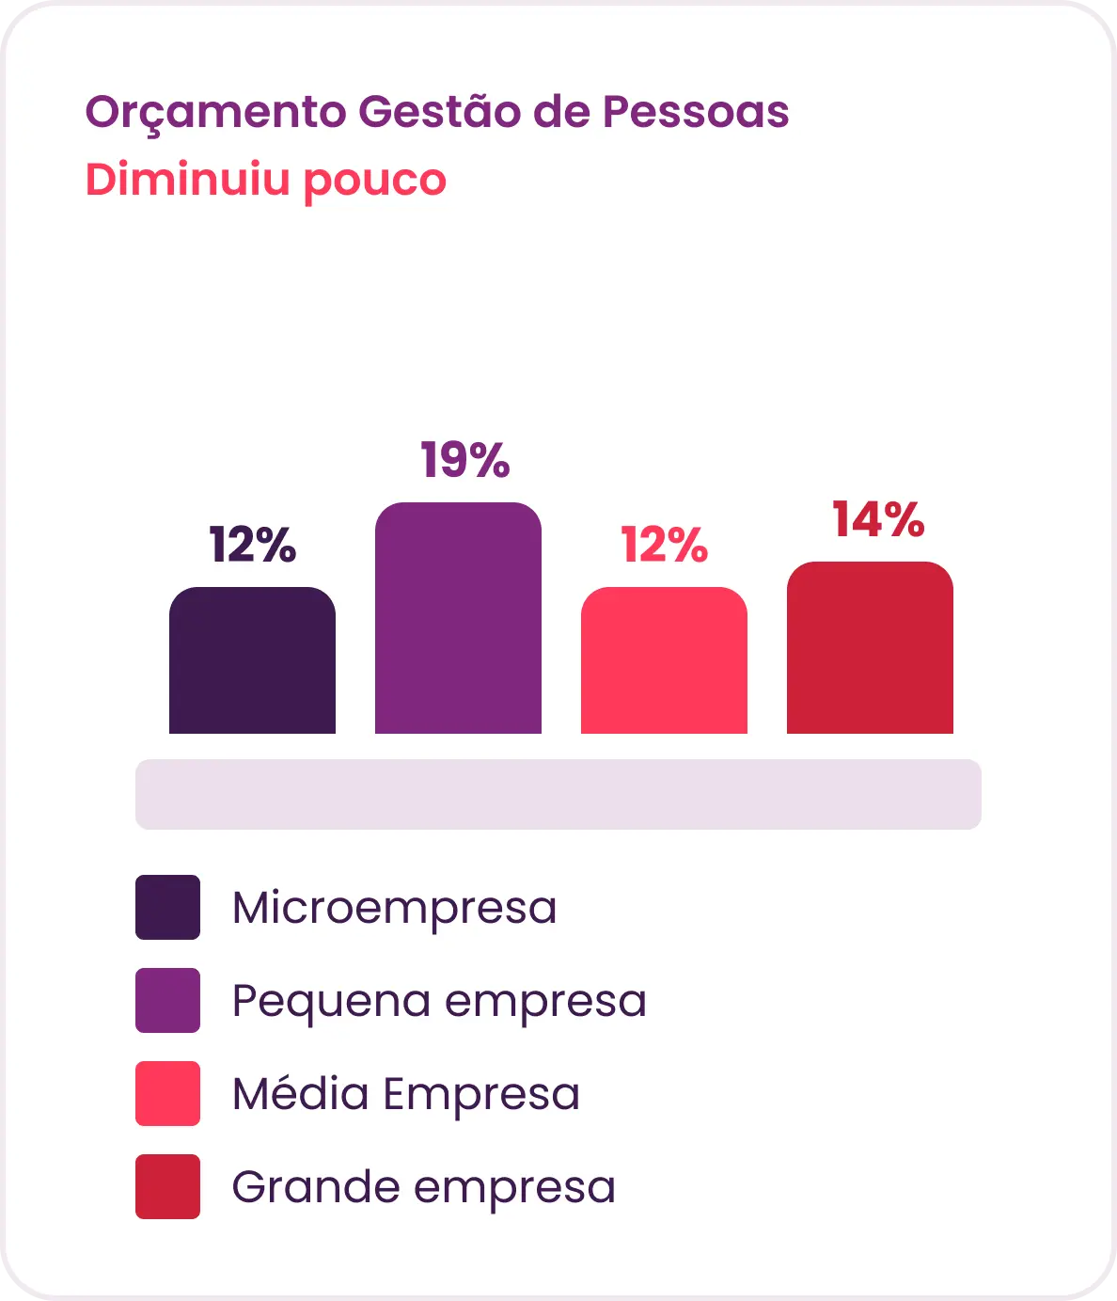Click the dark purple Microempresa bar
252,660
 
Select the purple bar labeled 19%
458,618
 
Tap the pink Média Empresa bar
664,660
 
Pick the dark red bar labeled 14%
870,647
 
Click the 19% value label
464,460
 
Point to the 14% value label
878,519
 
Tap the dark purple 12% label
252,545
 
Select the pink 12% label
664,545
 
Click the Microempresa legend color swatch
168,907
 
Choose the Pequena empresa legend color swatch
168,1000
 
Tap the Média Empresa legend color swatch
168,1093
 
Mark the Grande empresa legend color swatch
168,1186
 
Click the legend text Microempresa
394,910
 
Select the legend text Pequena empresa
439,1003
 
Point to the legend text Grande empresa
423,1189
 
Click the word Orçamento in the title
215,113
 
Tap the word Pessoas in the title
696,112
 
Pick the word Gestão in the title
440,111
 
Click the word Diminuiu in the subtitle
187,180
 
